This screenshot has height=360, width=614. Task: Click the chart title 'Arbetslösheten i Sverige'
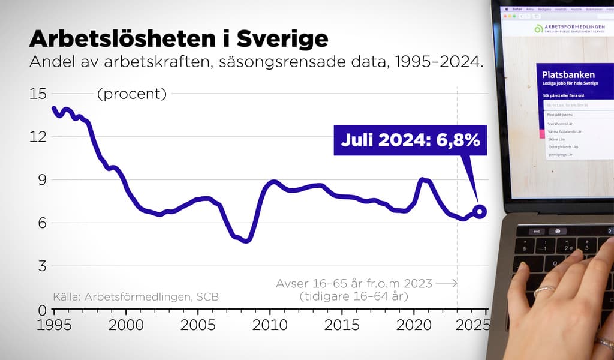179,38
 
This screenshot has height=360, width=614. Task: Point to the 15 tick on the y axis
37,94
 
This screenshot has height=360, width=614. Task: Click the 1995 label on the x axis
54,325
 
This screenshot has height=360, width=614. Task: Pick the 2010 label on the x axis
270,325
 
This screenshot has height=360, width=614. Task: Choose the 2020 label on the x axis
414,325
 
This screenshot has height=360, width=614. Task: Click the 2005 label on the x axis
198,325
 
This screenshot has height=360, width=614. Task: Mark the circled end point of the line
479,211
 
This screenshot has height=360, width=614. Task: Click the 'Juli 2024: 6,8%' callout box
410,140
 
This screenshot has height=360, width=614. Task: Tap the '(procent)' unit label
131,94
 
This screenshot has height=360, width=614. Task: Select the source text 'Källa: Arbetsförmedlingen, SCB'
136,296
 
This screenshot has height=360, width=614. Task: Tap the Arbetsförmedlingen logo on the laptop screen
538,29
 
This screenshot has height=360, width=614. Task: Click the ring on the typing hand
545,290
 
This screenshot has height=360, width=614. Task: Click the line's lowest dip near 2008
246,240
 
